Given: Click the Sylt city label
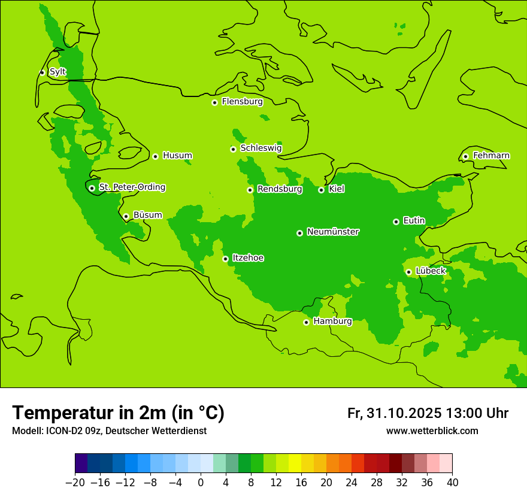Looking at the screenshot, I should tap(57, 72).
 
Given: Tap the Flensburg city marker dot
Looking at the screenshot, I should tap(214, 102).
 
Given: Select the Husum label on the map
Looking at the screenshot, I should tap(177, 156).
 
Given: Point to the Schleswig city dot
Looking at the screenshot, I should tap(233, 149).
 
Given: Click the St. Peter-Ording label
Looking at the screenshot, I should tap(132, 187).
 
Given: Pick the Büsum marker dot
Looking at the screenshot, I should tap(126, 216).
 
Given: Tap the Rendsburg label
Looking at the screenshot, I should tap(280, 189).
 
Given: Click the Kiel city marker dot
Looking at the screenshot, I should tap(321, 190).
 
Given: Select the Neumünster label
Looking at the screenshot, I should tap(333, 232).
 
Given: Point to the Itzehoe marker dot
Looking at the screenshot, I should tap(225, 259).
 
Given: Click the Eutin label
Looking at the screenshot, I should tap(414, 221).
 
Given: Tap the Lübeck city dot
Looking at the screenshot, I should tap(408, 272).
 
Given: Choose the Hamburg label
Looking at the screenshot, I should tap(332, 322).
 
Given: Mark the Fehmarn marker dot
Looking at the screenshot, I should tap(465, 156).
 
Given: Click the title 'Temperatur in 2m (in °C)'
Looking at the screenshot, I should tap(118, 413).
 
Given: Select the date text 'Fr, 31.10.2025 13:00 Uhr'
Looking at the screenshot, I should tap(428, 414).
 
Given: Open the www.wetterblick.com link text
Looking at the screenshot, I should tap(432, 431).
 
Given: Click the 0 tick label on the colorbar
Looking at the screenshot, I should tap(201, 483).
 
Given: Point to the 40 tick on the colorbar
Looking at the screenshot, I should tap(452, 483).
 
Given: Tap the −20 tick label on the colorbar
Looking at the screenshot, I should tap(75, 483).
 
